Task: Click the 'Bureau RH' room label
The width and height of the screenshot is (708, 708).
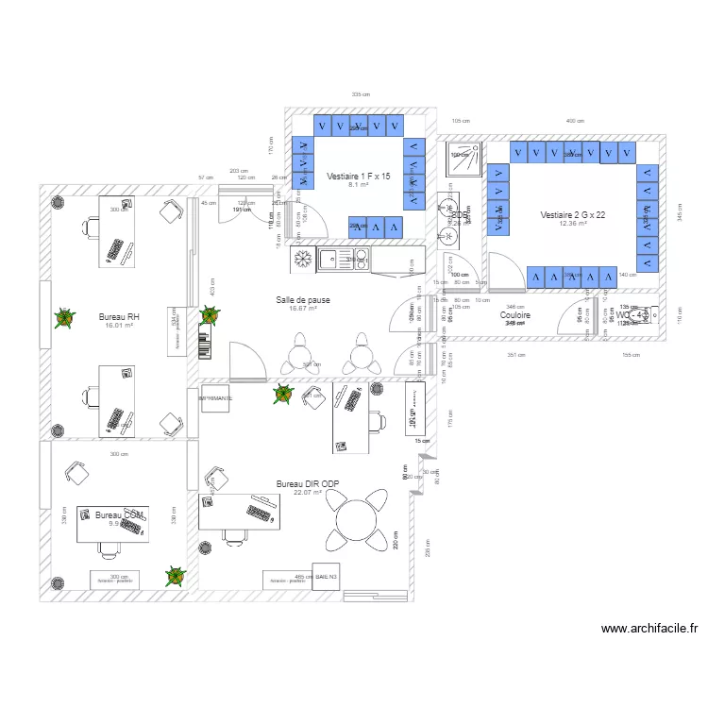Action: click(x=120, y=317)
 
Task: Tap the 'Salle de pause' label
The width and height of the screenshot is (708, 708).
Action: click(x=302, y=299)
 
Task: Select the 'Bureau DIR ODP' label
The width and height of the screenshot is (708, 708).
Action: click(x=307, y=483)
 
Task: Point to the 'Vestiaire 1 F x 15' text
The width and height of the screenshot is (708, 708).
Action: click(x=358, y=177)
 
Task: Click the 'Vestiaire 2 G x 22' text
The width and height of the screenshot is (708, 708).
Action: click(x=572, y=215)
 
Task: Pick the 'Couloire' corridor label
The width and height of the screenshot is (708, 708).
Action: click(x=514, y=315)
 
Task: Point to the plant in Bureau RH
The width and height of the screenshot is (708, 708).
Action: click(x=63, y=318)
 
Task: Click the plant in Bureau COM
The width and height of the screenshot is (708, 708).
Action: click(x=174, y=575)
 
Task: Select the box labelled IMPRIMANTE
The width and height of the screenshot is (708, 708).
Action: click(x=215, y=398)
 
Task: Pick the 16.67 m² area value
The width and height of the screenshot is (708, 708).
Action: click(x=302, y=309)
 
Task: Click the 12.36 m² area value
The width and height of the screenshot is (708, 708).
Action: click(x=572, y=225)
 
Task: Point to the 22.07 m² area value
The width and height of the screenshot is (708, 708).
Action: click(x=307, y=493)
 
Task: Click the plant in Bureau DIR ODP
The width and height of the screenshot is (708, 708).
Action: click(x=281, y=397)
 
